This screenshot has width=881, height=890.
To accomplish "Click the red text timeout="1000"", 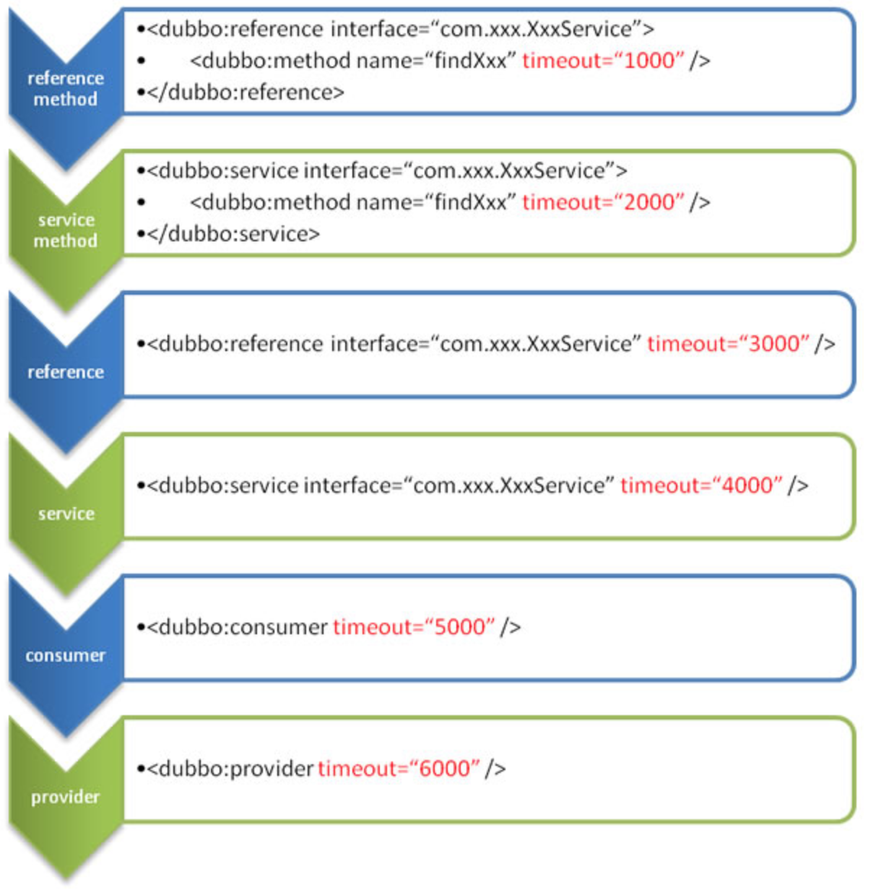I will (x=602, y=61).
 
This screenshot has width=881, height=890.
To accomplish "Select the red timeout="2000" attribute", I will (x=602, y=202).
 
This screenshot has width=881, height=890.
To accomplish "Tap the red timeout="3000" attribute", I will (x=728, y=344).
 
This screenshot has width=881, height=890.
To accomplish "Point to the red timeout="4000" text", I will (x=701, y=485).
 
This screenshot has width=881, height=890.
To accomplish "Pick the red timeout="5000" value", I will (x=414, y=627).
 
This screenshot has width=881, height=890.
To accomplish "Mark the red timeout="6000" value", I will (x=399, y=769).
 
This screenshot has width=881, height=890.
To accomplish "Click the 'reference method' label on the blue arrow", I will (x=66, y=89).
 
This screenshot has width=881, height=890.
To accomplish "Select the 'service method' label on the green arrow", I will (x=66, y=230).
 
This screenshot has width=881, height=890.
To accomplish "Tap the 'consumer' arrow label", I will (x=66, y=656).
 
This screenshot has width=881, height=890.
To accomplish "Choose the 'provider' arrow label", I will (x=66, y=798).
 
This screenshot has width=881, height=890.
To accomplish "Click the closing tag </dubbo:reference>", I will (x=246, y=92).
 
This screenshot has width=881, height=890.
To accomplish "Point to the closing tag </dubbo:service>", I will (x=233, y=234).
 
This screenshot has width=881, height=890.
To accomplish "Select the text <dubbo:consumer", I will (x=238, y=627).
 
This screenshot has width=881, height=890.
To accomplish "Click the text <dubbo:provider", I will (x=230, y=769).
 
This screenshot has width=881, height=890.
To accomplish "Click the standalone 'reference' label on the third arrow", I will (x=66, y=373).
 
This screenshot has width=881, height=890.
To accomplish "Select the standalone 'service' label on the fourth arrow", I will (x=66, y=514).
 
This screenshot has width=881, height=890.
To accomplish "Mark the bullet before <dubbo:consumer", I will (x=141, y=627).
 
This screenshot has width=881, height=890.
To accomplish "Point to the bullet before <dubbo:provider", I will (x=141, y=769).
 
